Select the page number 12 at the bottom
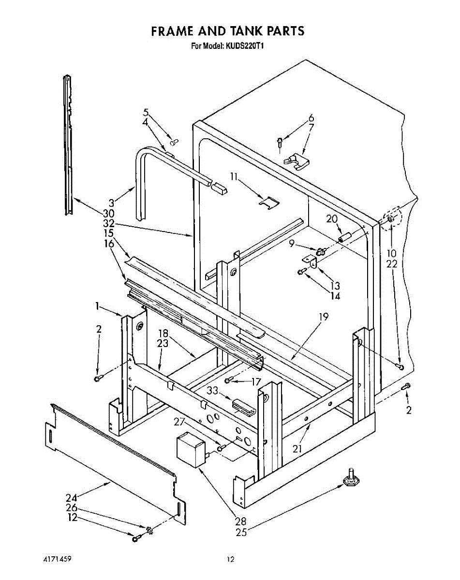point(230,560)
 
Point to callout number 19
point(324,317)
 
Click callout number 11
point(234,177)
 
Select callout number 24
point(71,497)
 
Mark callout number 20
point(331,218)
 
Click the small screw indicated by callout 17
point(229,380)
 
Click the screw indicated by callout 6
point(280,142)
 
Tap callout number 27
point(180,421)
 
